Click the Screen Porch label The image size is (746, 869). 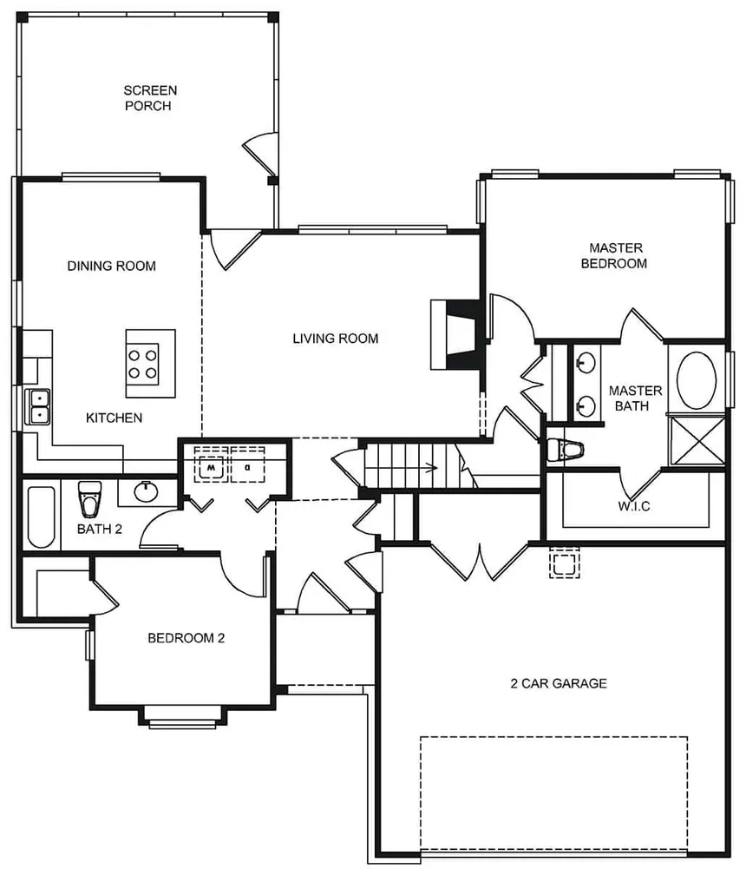(x=149, y=98)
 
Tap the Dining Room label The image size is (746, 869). (x=111, y=266)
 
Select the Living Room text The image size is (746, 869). (x=336, y=338)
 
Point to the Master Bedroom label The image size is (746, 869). (x=614, y=255)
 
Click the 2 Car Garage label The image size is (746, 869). (x=559, y=683)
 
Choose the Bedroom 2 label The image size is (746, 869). (x=186, y=638)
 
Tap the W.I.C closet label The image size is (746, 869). (x=633, y=505)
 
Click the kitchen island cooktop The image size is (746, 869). (x=143, y=364)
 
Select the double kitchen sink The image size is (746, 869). (x=37, y=407)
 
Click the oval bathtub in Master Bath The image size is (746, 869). (x=697, y=380)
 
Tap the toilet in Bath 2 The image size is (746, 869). (x=89, y=498)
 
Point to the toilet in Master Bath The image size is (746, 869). (x=565, y=450)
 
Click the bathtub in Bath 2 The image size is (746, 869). (x=41, y=517)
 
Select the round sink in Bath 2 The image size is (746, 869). (x=147, y=491)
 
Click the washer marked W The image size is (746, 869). (x=211, y=464)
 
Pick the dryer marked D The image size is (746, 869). (x=247, y=464)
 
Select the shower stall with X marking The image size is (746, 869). (x=697, y=441)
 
